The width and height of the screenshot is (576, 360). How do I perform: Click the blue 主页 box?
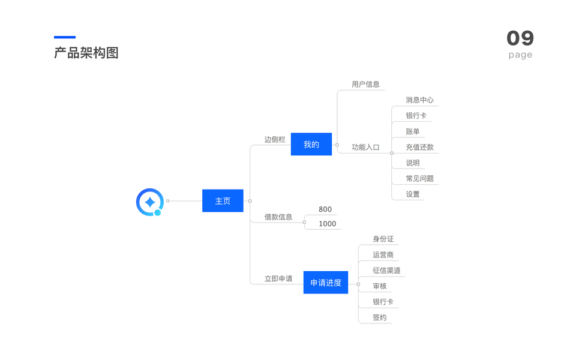(223, 201)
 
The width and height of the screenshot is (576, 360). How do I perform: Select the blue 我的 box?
(311, 145)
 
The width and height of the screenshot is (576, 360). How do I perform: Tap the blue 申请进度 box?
(325, 283)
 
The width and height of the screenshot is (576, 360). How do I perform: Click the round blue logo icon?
(149, 202)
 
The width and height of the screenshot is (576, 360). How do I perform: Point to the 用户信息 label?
(365, 85)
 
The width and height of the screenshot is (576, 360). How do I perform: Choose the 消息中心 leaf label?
(419, 100)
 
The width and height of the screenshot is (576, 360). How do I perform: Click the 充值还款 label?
(419, 147)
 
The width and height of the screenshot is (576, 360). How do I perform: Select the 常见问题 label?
(419, 178)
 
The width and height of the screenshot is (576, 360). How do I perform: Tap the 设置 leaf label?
(413, 194)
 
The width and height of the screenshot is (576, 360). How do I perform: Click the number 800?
(325, 209)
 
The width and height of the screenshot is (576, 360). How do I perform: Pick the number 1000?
(328, 224)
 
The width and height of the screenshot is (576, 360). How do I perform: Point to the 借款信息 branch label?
(278, 217)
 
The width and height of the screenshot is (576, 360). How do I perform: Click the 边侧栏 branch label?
(275, 139)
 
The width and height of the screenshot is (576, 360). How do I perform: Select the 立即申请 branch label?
(278, 278)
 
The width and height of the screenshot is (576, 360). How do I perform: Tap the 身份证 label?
(383, 239)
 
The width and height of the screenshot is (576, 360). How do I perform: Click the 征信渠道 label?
(386, 271)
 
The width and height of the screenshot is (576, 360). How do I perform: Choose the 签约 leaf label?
(379, 317)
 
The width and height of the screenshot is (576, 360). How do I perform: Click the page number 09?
(520, 38)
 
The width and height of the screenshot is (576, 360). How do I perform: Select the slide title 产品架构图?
(86, 53)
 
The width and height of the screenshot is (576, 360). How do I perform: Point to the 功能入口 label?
(365, 147)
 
